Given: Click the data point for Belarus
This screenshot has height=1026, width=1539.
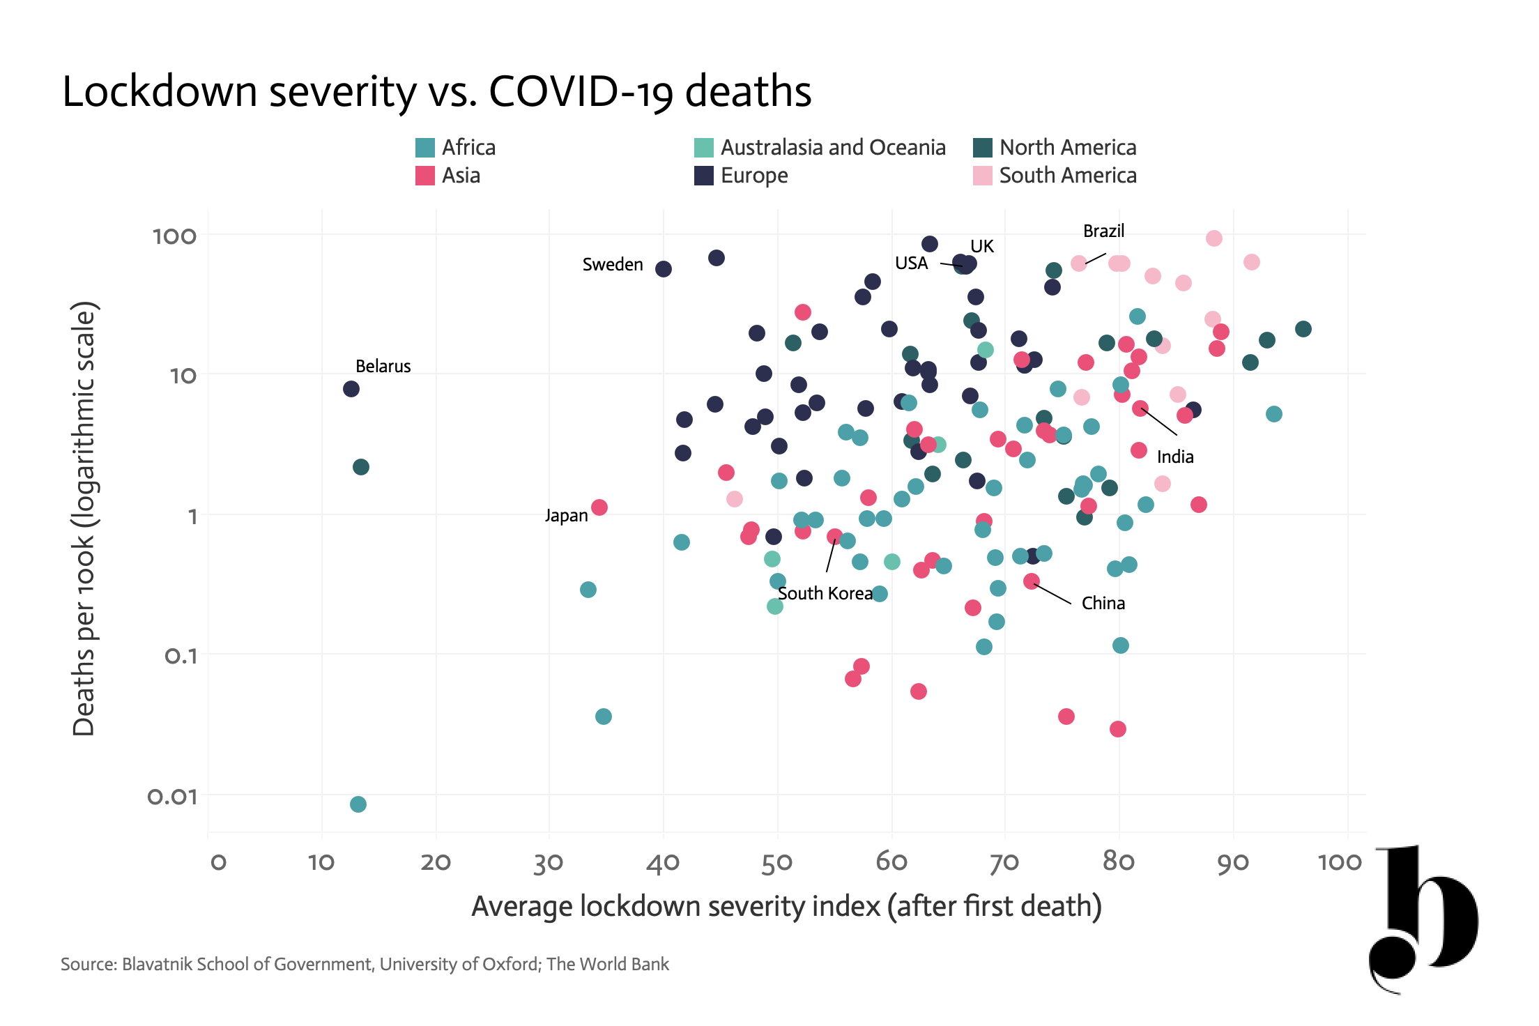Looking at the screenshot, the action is (x=351, y=389).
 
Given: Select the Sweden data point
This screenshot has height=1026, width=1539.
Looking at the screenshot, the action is (x=664, y=269).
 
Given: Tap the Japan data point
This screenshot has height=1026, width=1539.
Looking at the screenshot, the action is (x=599, y=507).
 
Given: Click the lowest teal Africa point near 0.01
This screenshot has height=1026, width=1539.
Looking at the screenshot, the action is (x=358, y=804).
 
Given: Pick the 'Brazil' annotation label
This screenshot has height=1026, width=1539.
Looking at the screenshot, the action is (x=1103, y=231).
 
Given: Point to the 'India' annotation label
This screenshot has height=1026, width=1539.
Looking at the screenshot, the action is (x=1175, y=457).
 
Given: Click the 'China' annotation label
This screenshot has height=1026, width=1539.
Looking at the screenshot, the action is (x=1103, y=603).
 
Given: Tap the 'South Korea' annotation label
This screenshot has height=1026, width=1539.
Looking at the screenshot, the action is (x=825, y=593).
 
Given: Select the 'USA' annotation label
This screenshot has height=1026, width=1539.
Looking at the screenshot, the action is (x=912, y=263).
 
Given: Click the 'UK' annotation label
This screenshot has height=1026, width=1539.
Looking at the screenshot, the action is (x=982, y=246).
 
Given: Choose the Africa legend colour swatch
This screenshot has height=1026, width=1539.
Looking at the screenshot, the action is (x=425, y=148).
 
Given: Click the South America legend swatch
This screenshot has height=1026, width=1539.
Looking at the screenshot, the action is (x=983, y=176).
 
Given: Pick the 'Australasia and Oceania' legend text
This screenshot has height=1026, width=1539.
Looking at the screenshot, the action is (x=833, y=148).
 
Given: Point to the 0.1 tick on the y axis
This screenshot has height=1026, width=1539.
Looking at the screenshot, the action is (x=181, y=656).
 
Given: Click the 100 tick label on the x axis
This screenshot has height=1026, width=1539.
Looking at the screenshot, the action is (x=1340, y=862).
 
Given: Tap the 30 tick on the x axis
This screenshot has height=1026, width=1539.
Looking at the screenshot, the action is (x=549, y=863).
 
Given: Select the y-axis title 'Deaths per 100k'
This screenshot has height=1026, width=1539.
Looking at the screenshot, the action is (x=84, y=622).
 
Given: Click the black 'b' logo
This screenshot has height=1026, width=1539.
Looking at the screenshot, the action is (x=1423, y=919).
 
